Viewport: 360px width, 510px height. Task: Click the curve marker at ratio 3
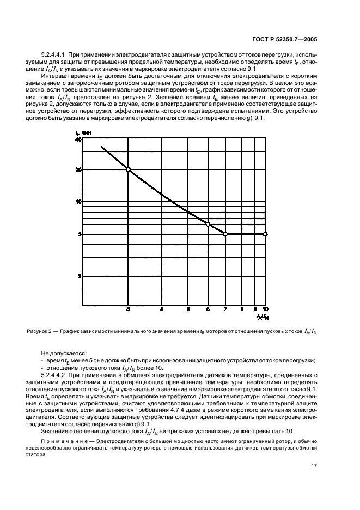point(128,169)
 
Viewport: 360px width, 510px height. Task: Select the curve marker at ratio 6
point(208,224)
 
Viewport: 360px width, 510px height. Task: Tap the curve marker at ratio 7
point(225,234)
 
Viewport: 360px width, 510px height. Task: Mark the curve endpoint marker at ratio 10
point(265,234)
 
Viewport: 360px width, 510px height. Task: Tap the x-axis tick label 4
point(161,309)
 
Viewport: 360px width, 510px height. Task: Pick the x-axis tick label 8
point(242,309)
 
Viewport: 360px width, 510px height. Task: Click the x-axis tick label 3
point(128,309)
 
